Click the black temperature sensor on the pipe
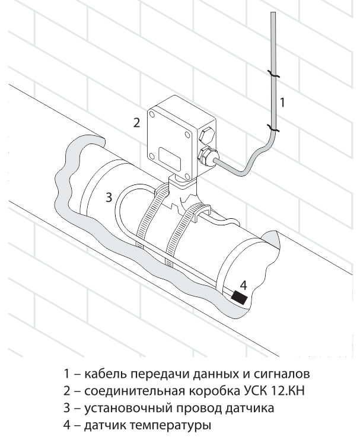point(240,296)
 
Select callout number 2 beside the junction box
point(136,123)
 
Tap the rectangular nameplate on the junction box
point(168,158)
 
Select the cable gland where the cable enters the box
point(206,158)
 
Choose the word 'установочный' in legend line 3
point(122,409)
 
